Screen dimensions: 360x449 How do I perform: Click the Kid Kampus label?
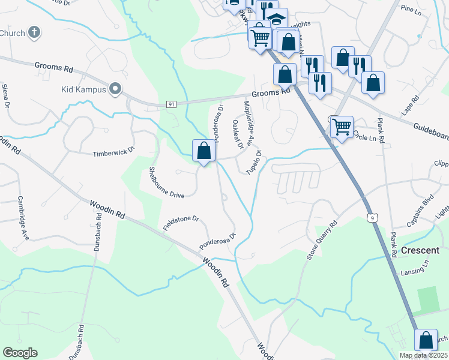[x=83, y=90]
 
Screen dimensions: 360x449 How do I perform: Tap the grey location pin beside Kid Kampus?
[x=115, y=90]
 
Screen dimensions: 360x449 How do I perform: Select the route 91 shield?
[x=172, y=104]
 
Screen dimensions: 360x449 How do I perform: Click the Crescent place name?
[x=420, y=250]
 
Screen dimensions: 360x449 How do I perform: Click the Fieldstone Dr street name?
[x=180, y=223]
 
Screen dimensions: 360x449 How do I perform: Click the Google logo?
[x=20, y=352]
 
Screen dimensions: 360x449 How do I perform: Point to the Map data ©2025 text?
[x=423, y=355]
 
